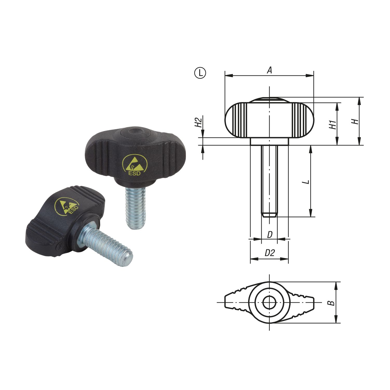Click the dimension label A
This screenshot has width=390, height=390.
tap(270, 70)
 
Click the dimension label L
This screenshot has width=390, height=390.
tap(307, 181)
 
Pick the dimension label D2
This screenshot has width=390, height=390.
tap(270, 253)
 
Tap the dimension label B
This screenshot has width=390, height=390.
tap(331, 303)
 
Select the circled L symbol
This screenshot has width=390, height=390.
tap(200, 73)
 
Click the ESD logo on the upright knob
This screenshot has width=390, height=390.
tap(135, 165)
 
